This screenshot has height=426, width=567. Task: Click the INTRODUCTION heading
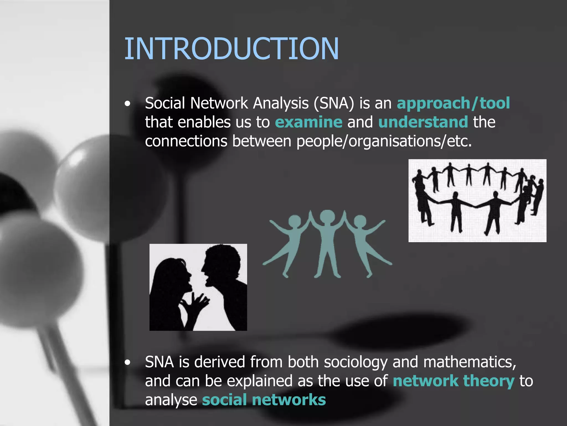point(231,49)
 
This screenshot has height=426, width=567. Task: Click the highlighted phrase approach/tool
point(453,103)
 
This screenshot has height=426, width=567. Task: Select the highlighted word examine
point(308,122)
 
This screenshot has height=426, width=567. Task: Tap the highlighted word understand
point(423,122)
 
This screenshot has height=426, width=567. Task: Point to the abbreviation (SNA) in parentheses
point(334,103)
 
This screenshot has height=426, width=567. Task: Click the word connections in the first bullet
point(186,141)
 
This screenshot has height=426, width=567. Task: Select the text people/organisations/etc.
point(384,141)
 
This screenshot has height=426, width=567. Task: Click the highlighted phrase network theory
point(453,381)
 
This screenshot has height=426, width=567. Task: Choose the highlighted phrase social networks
point(264,400)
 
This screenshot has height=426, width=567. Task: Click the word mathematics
point(469,362)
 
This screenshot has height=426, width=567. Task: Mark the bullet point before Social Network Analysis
point(127,104)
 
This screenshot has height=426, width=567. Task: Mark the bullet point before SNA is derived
point(127,362)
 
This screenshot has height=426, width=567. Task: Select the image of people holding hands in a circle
point(477,201)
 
